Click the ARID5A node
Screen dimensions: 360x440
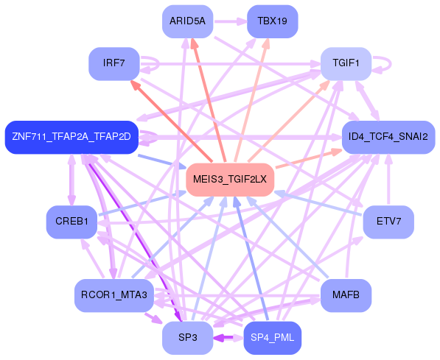[187, 21]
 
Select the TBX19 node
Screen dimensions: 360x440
[273, 21]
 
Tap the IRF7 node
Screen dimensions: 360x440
[114, 63]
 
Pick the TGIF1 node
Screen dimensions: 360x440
[346, 63]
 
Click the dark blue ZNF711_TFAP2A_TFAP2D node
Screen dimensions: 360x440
[71, 137]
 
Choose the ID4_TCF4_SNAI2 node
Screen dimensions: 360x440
[388, 137]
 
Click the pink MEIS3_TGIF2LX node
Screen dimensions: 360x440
[230, 180]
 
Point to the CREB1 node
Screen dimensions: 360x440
[71, 222]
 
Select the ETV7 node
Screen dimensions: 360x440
[388, 222]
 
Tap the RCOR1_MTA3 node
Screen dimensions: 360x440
[114, 295]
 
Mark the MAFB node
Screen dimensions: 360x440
[346, 295]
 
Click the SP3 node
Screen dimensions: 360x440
[187, 338]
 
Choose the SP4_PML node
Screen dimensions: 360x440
[272, 338]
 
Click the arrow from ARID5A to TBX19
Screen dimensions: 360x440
[230, 21]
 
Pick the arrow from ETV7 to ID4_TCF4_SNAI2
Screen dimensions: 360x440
[388, 180]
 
